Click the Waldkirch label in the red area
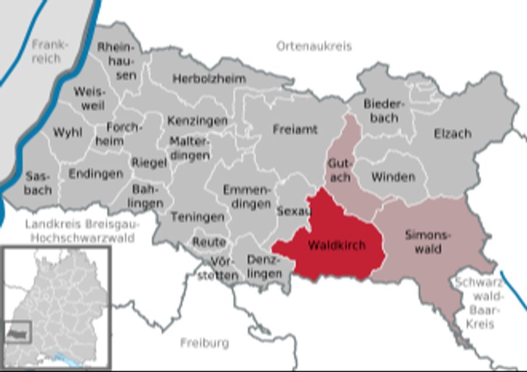[337, 245]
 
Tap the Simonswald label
[423, 241]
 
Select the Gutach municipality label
[339, 169]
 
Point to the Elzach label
[452, 134]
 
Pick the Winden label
[393, 176]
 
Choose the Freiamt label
[295, 129]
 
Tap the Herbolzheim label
[209, 79]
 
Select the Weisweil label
[89, 98]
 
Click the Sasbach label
[39, 183]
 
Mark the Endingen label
[95, 174]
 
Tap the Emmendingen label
[247, 197]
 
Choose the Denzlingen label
[265, 265]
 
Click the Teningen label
[197, 217]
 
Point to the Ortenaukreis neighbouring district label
[314, 46]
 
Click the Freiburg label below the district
[204, 343]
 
